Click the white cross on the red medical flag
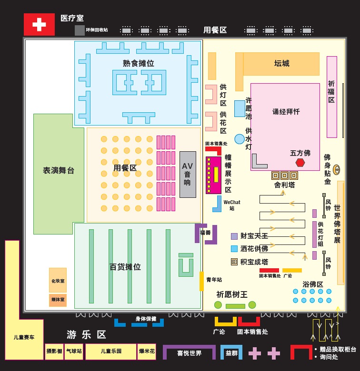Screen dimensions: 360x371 (39, 24)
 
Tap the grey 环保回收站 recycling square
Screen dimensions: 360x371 (80, 30)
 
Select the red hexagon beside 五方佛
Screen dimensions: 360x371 (300, 163)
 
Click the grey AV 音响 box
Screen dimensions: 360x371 (188, 174)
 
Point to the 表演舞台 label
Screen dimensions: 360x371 (59, 170)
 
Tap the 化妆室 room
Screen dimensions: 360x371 (58, 280)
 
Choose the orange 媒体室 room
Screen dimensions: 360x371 (58, 300)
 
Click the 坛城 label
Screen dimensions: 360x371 (281, 63)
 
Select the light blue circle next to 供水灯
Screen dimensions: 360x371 (240, 139)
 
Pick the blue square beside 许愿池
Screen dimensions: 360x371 (240, 108)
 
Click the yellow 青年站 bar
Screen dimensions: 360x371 (201, 281)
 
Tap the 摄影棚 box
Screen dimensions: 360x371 (54, 351)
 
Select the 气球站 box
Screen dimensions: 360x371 (74, 351)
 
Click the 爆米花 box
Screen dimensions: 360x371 (147, 351)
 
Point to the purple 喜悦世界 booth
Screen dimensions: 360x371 (189, 352)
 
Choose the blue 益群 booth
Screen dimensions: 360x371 (231, 352)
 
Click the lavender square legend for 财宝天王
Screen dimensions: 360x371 (234, 236)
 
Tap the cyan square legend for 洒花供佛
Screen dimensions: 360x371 (234, 249)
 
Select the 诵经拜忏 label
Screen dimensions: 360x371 (286, 112)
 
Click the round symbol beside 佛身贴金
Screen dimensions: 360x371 (336, 170)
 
